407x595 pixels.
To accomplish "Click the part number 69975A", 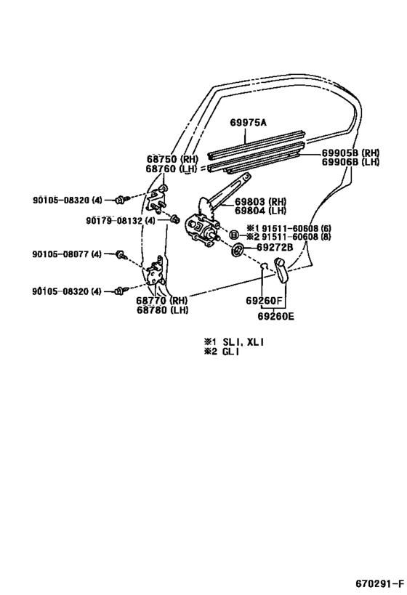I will [x=249, y=123].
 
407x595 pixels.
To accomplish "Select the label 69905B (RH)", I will [x=351, y=153].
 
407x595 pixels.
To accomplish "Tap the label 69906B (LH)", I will [x=351, y=162].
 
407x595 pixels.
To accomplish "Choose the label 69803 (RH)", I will [x=260, y=201].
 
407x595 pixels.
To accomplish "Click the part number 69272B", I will [x=275, y=247].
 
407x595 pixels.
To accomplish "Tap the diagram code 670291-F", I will [x=379, y=583].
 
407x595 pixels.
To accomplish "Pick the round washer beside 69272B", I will [x=237, y=251].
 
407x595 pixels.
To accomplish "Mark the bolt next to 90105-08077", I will [x=121, y=254].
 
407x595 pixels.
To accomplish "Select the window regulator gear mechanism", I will [x=201, y=227].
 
